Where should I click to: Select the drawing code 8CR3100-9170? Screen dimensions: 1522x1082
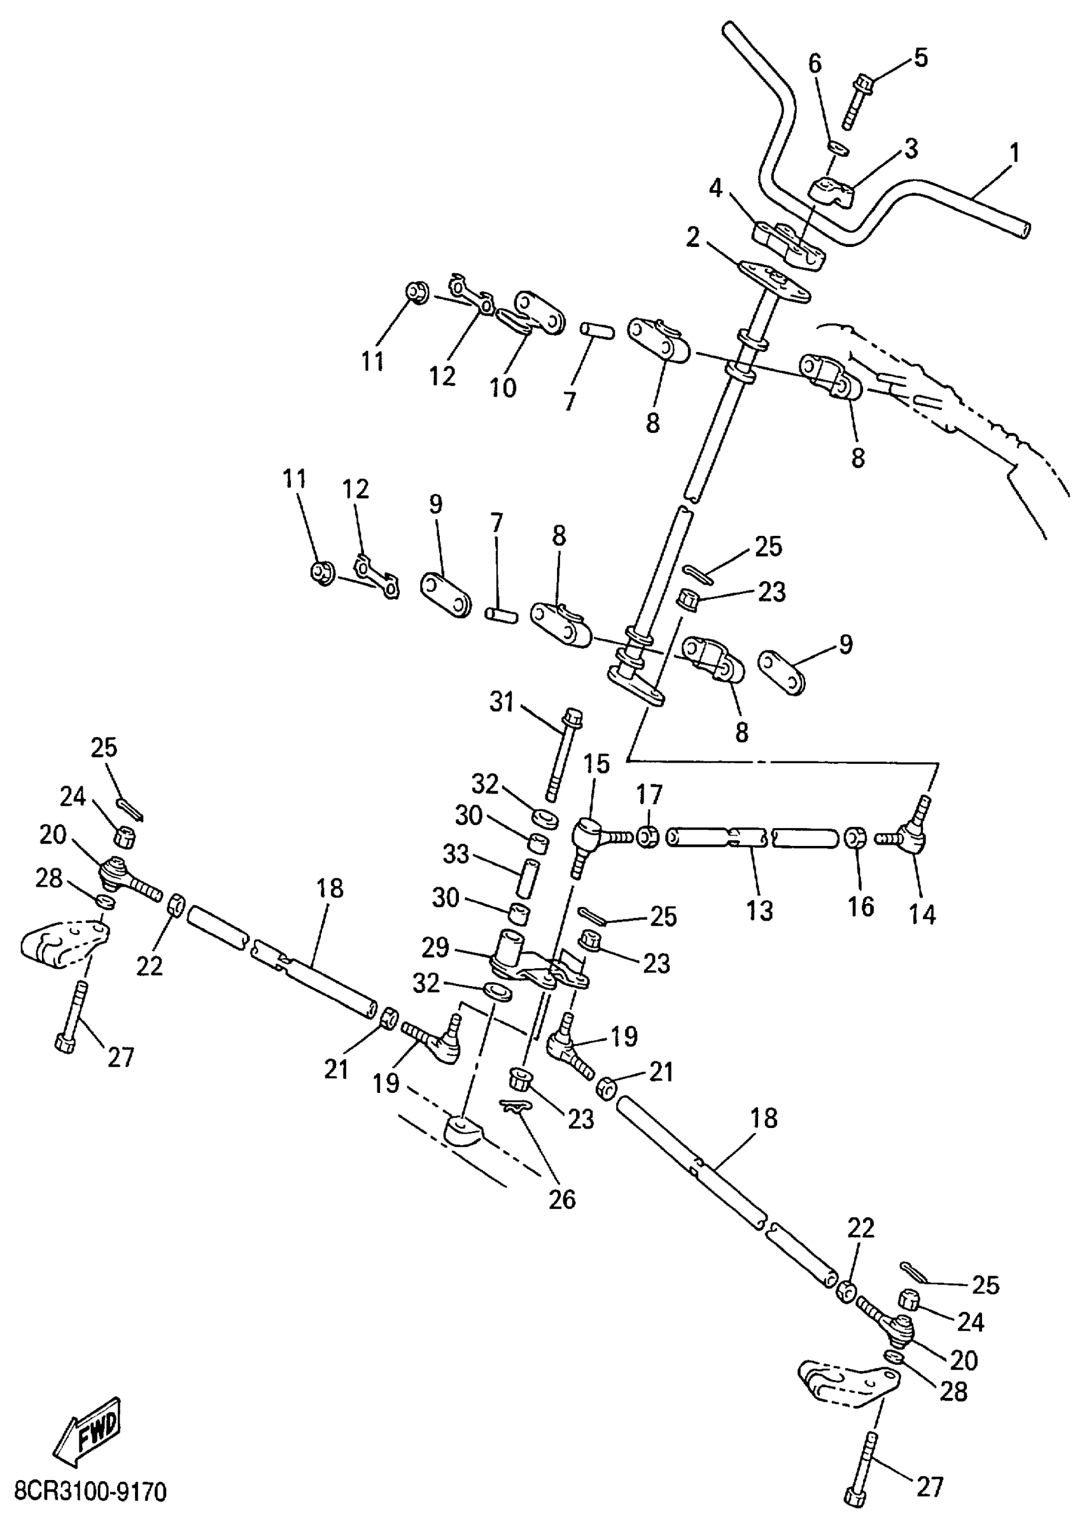point(90,1492)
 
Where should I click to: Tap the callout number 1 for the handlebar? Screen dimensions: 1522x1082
point(1014,153)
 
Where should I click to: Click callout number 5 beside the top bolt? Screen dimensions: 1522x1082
point(920,58)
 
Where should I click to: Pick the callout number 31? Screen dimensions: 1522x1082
point(502,701)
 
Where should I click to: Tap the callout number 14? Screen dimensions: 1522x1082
point(922,915)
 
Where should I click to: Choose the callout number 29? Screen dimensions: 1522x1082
point(437,948)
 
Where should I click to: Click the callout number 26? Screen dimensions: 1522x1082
point(561,1199)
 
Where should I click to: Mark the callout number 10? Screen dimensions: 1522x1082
point(503,386)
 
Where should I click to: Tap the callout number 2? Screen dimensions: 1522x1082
point(693,238)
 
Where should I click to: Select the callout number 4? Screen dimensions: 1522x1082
point(715,188)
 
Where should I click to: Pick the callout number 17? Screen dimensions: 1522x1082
point(650,794)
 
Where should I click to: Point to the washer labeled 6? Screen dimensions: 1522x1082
point(838,147)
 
